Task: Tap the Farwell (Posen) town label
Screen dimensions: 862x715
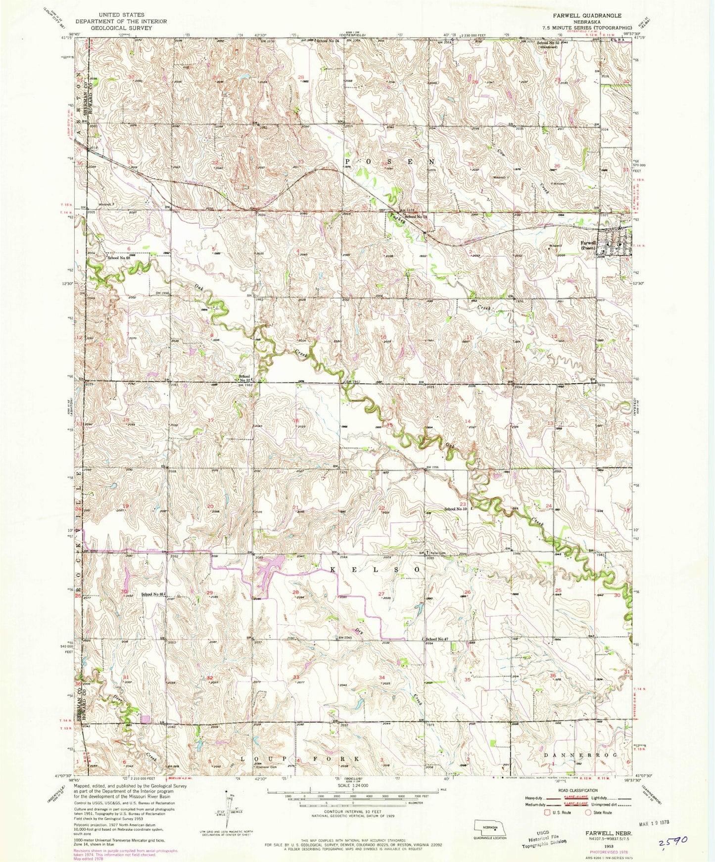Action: pos(588,245)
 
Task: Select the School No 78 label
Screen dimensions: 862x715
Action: pos(416,217)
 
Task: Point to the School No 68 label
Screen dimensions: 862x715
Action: pos(118,258)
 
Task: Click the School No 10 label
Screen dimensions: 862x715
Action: pos(455,508)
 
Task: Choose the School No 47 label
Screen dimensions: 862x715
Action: pos(437,639)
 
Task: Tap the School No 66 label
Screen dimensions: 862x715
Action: pos(152,594)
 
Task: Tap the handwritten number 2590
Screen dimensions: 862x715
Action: pos(672,844)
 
